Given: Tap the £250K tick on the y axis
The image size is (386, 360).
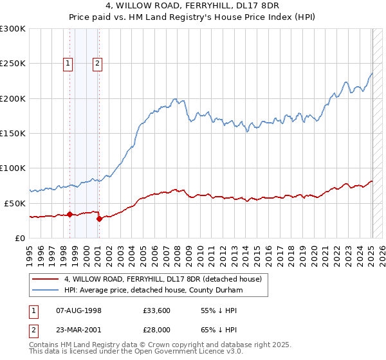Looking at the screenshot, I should coord(13,64).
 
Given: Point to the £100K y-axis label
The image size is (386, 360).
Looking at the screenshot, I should coord(13,168).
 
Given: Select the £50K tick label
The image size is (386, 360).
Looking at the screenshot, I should coord(15,203).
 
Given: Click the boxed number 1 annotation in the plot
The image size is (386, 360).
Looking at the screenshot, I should coord(68,63).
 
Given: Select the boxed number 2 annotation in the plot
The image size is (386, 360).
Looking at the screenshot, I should coord(97,63).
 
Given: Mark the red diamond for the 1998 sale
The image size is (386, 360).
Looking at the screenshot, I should coord(69,215).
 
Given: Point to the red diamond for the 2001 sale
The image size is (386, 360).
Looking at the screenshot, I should coord(99,219).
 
